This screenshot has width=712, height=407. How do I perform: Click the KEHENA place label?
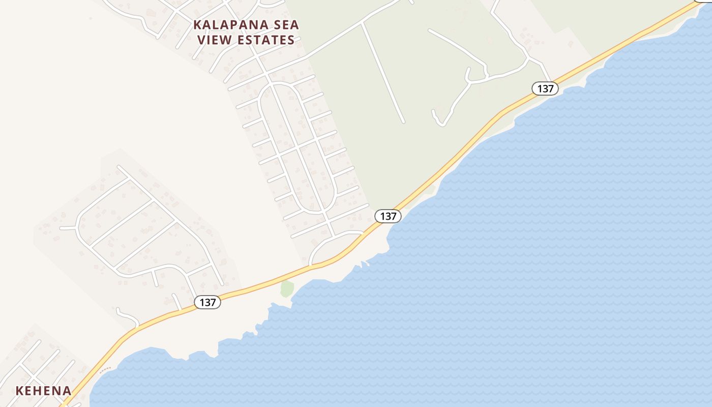[43, 391]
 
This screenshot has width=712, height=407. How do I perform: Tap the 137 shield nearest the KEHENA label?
[207, 302]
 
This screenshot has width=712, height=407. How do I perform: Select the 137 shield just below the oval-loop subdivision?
[388, 216]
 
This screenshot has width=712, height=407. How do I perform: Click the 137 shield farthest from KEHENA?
[545, 89]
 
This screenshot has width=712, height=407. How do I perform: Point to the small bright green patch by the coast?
[287, 288]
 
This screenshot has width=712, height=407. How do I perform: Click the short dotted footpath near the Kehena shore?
[105, 369]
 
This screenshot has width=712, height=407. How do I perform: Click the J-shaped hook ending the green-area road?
[437, 119]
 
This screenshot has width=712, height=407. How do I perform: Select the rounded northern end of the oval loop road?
[277, 83]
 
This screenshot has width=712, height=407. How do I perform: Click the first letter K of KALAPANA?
[197, 25]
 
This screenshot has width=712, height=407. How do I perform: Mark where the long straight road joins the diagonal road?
[362, 23]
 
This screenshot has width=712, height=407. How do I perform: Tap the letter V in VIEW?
[201, 40]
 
